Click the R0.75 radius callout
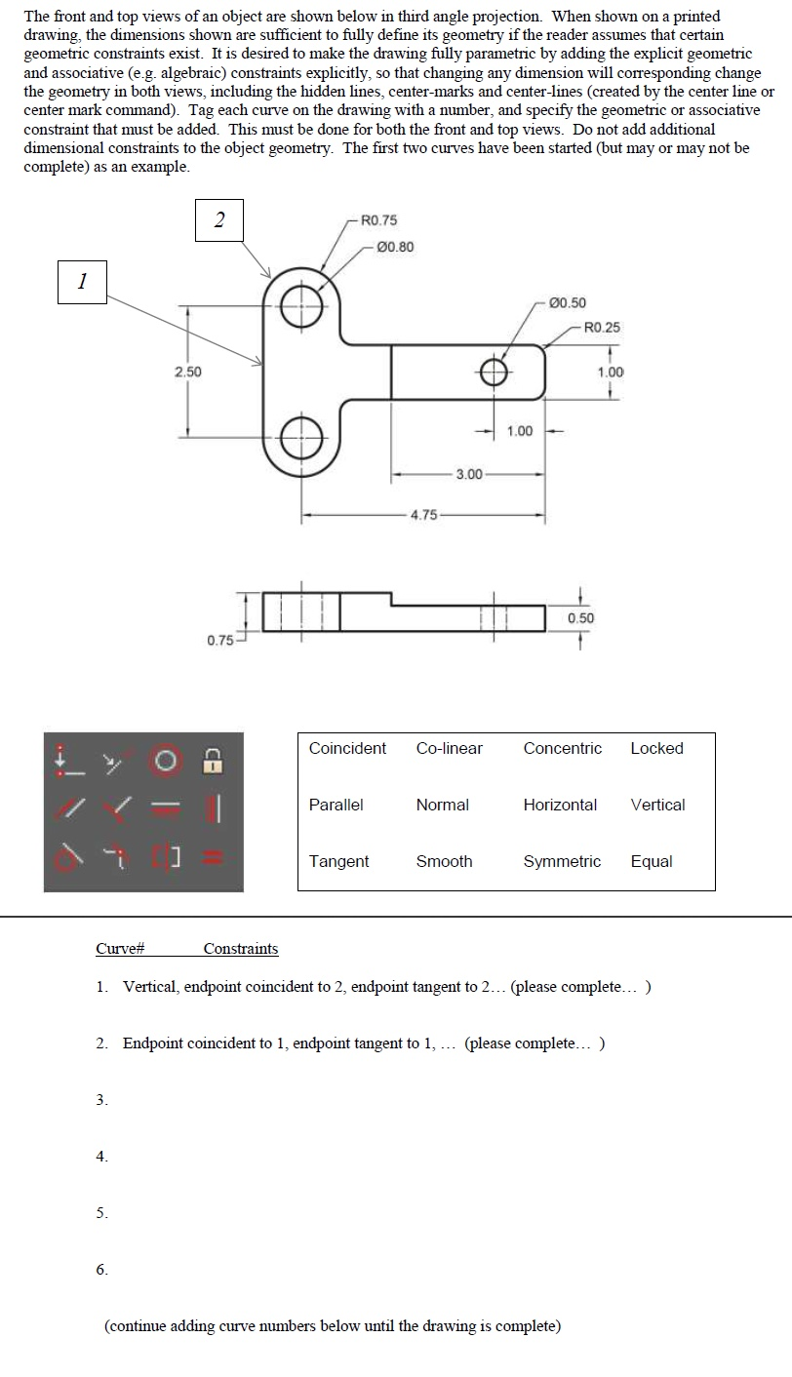point(378,220)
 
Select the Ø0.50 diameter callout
point(568,303)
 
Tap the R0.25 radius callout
point(601,327)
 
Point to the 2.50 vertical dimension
point(187,372)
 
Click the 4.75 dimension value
point(423,515)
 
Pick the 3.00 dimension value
point(469,474)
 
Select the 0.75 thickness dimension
point(219,640)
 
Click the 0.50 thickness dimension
point(580,618)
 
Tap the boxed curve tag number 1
point(82,282)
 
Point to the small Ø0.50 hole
point(494,372)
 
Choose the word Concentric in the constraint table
point(562,749)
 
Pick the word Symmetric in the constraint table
point(562,862)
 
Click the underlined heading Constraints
point(240,949)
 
